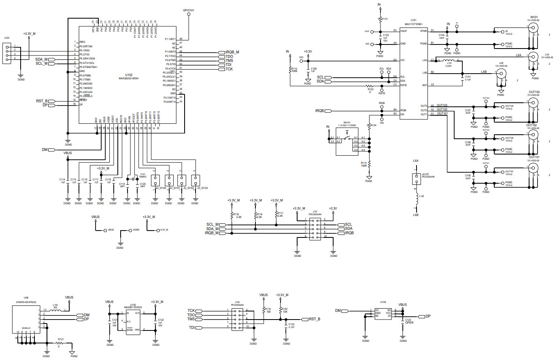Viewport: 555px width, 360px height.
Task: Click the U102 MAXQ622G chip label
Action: [x=129, y=76]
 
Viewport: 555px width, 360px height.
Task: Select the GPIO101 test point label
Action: [x=188, y=9]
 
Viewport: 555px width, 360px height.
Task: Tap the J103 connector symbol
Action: [x=6, y=53]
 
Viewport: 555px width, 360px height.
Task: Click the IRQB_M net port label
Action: [x=232, y=52]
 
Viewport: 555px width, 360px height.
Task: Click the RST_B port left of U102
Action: [x=42, y=101]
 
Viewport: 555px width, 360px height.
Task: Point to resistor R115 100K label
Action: [x=364, y=164]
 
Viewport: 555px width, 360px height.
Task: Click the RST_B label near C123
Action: [x=315, y=319]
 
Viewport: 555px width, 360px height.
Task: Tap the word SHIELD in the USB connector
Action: [x=26, y=328]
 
